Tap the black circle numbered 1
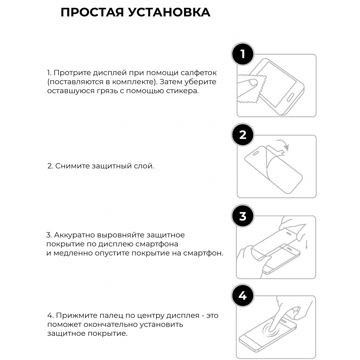point(243,54)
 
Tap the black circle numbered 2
point(243,135)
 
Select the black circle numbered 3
point(243,216)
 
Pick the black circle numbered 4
point(243,296)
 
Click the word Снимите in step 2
point(72,166)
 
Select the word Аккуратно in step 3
point(75,235)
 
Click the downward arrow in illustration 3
point(307,245)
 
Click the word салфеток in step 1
point(197,73)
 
